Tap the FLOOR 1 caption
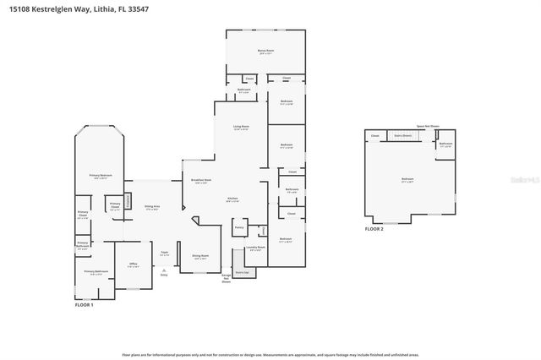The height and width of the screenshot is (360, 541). [x=84, y=304]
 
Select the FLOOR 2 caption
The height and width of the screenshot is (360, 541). [x=374, y=229]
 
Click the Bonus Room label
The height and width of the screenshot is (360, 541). [x=264, y=52]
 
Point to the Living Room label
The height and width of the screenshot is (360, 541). [x=242, y=128]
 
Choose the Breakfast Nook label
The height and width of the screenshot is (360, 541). [x=201, y=180]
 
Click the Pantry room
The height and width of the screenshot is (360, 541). [x=239, y=228]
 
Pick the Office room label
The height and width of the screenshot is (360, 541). [x=133, y=265]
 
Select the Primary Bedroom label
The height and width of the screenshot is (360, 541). [x=100, y=177]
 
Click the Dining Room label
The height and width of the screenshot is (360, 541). [x=200, y=257]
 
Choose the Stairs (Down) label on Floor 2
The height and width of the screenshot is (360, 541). [x=402, y=135]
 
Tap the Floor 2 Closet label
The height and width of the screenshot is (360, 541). [x=374, y=135]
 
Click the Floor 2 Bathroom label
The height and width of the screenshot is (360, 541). [x=445, y=145]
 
